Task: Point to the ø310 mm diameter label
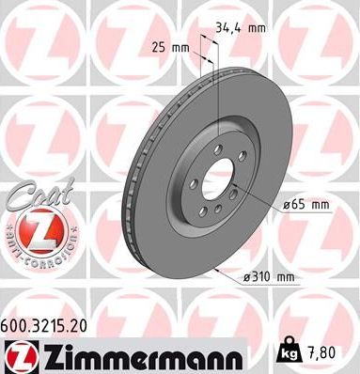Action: click(268, 275)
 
